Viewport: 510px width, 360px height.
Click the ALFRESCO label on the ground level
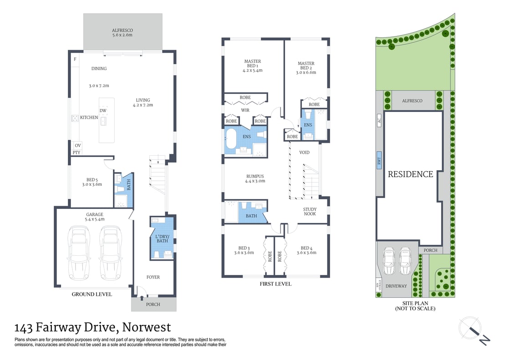(x=122, y=31)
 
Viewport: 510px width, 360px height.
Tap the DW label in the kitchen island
(x=103, y=111)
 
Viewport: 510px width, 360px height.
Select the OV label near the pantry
(x=77, y=146)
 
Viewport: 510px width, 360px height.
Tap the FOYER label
(x=153, y=277)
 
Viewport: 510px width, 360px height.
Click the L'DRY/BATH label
(x=163, y=238)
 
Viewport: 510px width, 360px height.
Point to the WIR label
(x=245, y=110)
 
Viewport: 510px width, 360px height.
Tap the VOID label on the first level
(x=304, y=152)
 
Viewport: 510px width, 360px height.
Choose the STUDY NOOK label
(x=310, y=212)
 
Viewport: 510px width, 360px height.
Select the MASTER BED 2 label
(x=306, y=68)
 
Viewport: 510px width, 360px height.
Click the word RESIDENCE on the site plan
(x=410, y=174)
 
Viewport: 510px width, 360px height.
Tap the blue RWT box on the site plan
(x=378, y=161)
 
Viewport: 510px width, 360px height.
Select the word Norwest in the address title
(x=148, y=327)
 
